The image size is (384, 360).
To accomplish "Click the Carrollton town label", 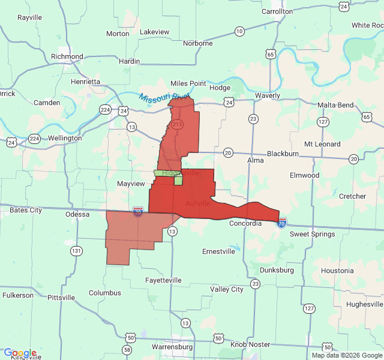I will click(x=277, y=11).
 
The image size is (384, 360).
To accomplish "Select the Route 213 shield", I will click(x=177, y=124).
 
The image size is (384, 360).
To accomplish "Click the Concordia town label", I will click(x=246, y=223).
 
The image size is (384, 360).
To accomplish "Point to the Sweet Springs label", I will click(x=312, y=234).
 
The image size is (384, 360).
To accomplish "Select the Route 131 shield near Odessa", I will click(x=77, y=250).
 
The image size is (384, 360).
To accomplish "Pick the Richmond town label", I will click(x=67, y=56).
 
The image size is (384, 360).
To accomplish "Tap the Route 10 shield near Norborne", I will click(x=239, y=31).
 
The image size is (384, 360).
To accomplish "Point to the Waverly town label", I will click(x=266, y=95).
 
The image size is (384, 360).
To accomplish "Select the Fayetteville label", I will click(x=163, y=280).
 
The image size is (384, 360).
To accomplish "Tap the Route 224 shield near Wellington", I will click(x=34, y=139).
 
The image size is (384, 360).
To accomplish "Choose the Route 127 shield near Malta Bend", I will click(x=323, y=122).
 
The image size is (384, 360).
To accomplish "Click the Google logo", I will click(x=20, y=353).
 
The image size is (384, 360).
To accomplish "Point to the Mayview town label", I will click(x=131, y=184).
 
